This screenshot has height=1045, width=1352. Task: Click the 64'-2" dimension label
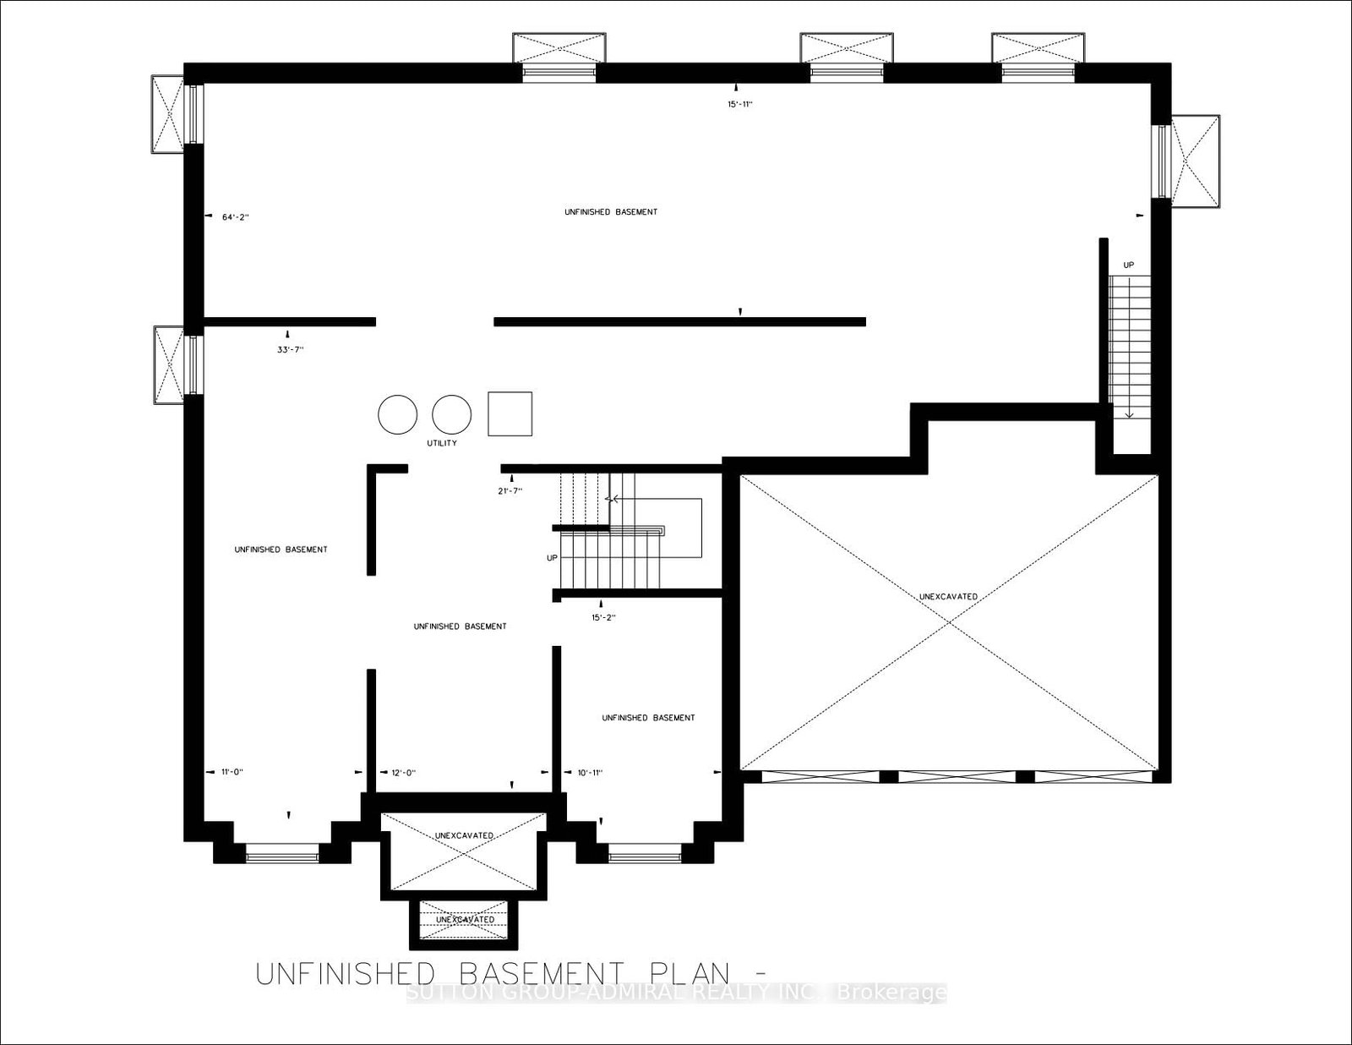235,217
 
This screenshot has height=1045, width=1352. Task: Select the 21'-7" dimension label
510,490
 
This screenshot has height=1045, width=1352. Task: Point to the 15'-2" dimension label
603,617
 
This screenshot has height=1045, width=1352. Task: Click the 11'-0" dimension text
232,772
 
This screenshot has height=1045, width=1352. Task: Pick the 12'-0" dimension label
403,772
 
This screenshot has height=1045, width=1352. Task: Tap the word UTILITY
442,443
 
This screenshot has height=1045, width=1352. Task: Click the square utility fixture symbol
510,413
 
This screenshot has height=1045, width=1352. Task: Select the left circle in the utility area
398,414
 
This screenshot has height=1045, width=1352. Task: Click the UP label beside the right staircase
1128,265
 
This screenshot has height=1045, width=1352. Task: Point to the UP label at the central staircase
553,558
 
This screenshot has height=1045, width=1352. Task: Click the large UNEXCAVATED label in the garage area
948,597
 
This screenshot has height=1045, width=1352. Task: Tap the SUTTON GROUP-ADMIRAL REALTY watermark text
676,993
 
